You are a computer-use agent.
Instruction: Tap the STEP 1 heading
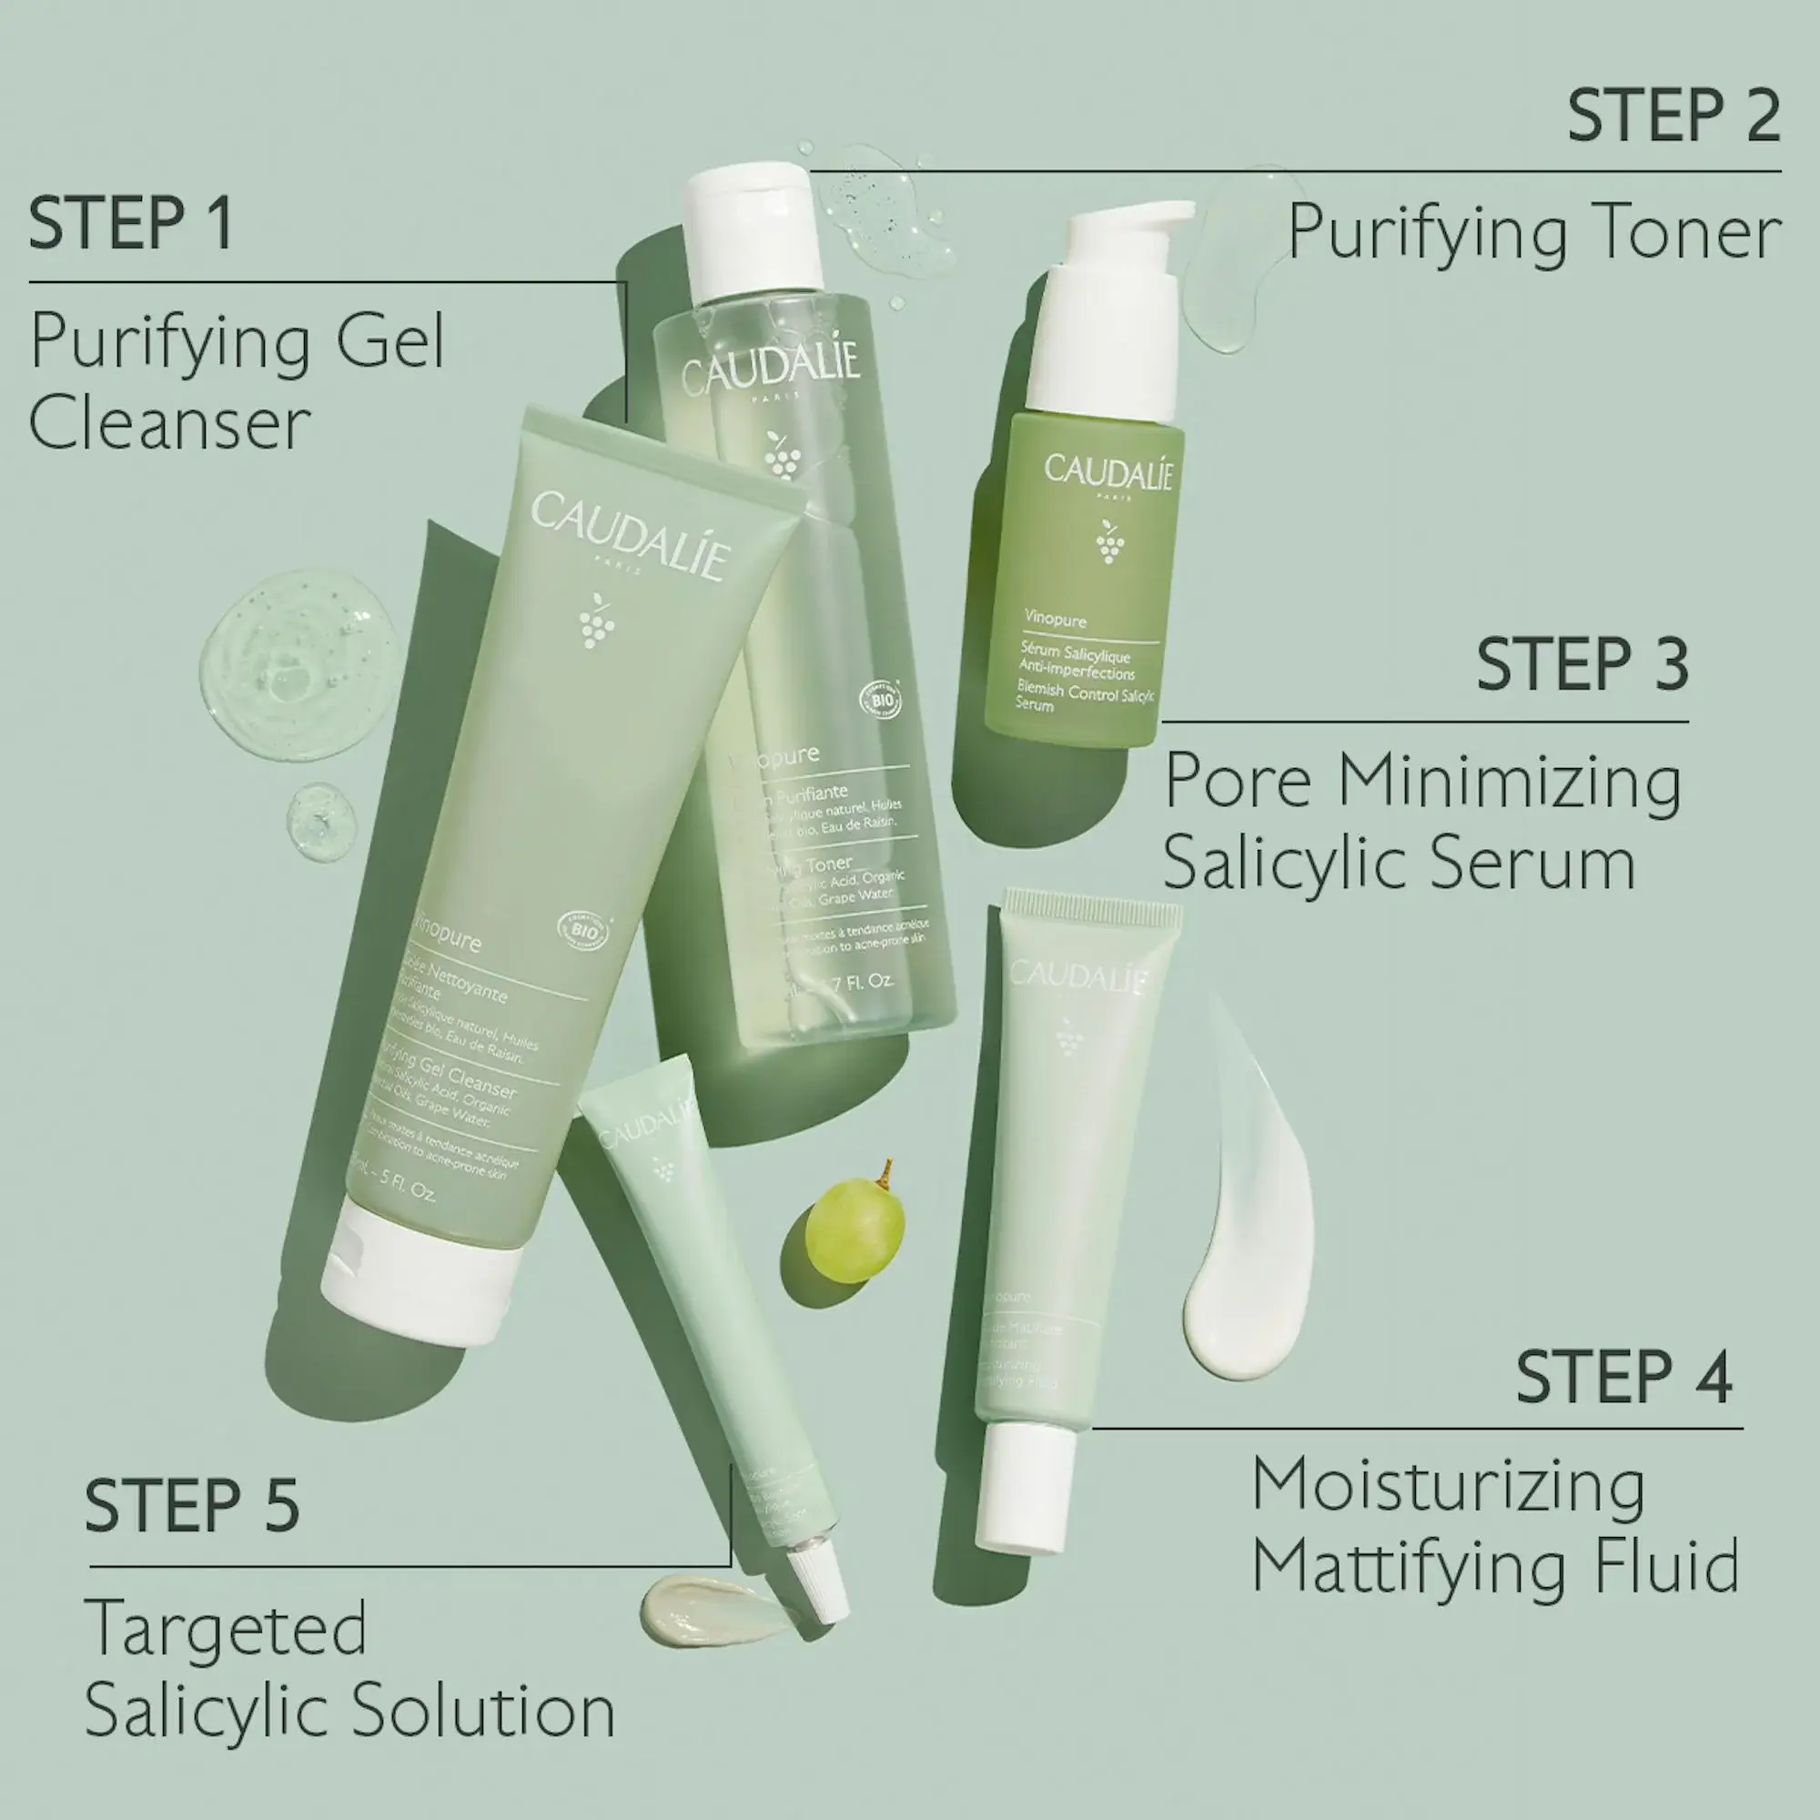point(131,223)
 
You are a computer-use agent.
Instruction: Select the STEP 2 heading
point(1673,116)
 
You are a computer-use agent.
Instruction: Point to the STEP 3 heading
point(1582,664)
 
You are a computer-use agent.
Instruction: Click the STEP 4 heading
point(1623,1377)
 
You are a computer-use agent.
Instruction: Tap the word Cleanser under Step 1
point(169,423)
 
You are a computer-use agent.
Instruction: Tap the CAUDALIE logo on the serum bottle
point(1107,471)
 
